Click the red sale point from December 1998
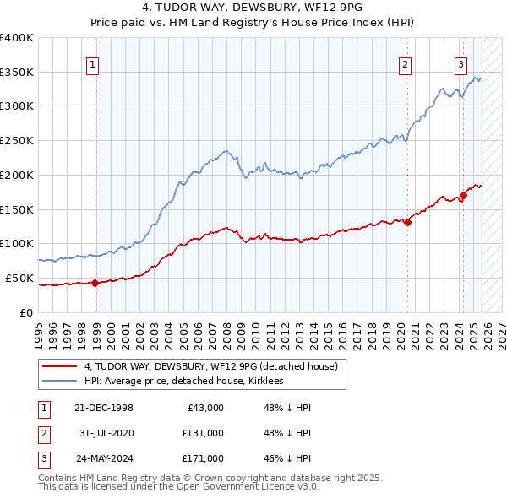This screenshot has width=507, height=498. click(95, 283)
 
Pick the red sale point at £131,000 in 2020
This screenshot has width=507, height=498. click(407, 223)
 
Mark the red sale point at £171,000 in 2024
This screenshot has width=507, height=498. click(463, 195)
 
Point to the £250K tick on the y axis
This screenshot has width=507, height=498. click(17, 140)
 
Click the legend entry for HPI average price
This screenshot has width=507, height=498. click(183, 382)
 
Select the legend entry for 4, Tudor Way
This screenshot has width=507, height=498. click(210, 366)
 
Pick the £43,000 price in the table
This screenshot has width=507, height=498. click(203, 408)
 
